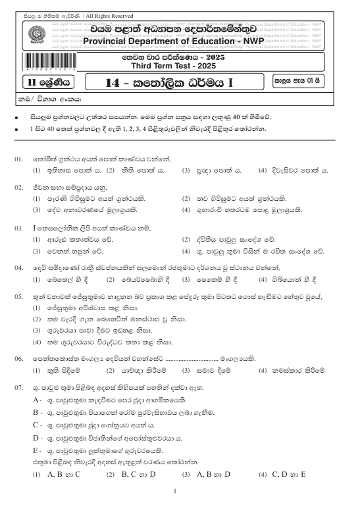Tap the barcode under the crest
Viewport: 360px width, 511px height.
pos(32,67)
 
